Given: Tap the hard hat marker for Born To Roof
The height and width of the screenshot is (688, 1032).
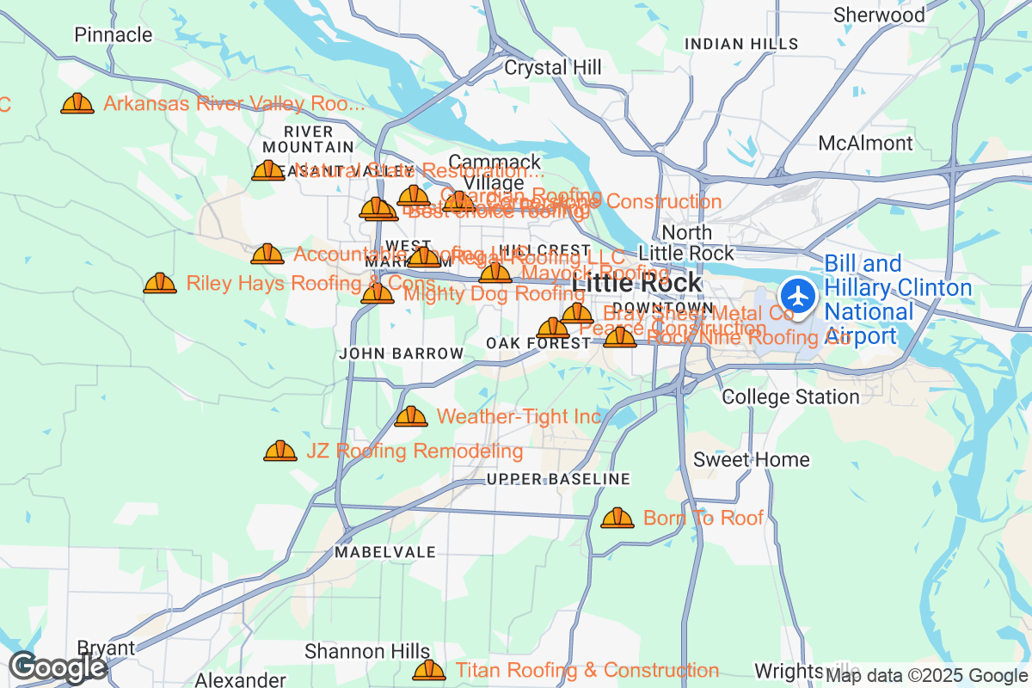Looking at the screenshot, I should tap(617, 518).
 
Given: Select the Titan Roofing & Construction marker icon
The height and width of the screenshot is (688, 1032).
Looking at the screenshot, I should tap(429, 670).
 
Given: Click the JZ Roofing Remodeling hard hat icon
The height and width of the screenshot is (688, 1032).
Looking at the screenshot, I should tap(279, 451).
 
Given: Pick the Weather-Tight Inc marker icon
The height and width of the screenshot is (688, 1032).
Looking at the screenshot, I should tap(410, 417).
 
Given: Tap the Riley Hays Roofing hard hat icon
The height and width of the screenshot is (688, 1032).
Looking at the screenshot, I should tap(160, 283).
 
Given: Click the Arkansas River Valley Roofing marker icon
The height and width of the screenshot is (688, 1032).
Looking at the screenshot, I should tap(77, 104).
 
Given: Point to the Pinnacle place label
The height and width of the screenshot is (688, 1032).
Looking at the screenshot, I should tap(114, 35).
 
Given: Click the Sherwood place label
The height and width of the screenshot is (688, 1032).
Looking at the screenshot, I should tap(879, 15).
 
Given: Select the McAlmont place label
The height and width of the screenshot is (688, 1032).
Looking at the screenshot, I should tap(866, 143).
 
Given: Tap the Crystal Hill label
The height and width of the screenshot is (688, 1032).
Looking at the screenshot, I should tap(548, 67).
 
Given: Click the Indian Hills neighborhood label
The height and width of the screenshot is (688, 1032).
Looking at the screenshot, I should tap(740, 44).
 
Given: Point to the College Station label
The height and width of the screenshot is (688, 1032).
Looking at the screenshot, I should tap(790, 396).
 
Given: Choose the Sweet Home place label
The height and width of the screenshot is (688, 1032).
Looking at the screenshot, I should tap(752, 459).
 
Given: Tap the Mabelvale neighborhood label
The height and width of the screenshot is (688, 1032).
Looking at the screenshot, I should tap(385, 551).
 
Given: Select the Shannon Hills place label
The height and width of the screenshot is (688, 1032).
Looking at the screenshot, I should tap(367, 651).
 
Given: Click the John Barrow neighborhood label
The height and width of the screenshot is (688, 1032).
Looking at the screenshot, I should tap(401, 353).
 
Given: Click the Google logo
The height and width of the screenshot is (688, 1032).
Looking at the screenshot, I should tap(58, 667).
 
